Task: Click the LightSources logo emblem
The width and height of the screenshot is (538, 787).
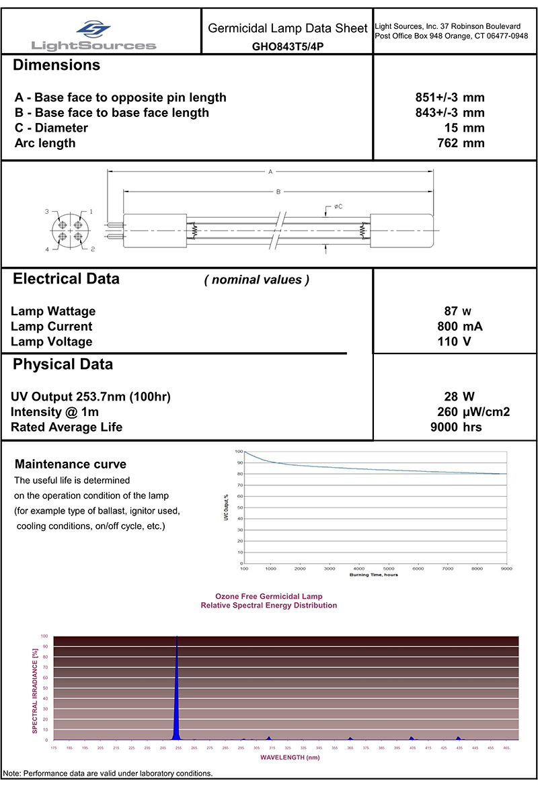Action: [93, 29]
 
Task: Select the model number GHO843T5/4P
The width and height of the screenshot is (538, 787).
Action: [288, 48]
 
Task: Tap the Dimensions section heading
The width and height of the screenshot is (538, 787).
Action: [56, 66]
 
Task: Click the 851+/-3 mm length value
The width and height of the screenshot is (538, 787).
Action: [450, 98]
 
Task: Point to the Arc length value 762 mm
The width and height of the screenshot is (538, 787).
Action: [461, 143]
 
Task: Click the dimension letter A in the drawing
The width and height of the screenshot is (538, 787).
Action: [270, 172]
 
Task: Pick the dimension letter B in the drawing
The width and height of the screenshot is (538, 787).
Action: [278, 192]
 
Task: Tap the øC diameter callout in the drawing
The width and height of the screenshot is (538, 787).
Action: [338, 206]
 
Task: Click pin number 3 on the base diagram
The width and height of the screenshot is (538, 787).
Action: [47, 212]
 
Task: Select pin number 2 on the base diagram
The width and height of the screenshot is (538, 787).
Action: [92, 249]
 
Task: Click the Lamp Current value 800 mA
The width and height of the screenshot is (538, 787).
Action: [460, 327]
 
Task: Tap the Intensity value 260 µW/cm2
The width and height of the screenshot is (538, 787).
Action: [473, 412]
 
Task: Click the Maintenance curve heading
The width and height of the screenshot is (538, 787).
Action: [71, 464]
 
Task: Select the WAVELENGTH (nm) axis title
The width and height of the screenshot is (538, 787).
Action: [286, 757]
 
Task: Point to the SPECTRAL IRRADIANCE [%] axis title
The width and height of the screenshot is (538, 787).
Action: [35, 688]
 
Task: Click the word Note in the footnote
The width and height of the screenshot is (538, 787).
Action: [12, 774]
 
